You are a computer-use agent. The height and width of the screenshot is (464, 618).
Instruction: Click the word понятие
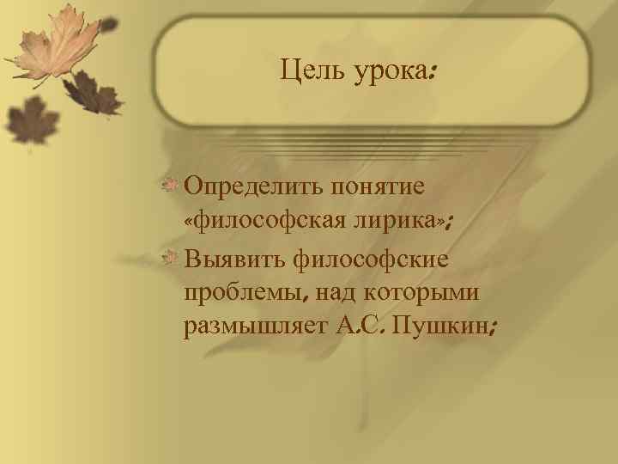[385, 186]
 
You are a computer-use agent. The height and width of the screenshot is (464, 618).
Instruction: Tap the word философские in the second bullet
[371, 258]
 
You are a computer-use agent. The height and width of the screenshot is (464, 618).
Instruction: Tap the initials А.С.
[359, 328]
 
